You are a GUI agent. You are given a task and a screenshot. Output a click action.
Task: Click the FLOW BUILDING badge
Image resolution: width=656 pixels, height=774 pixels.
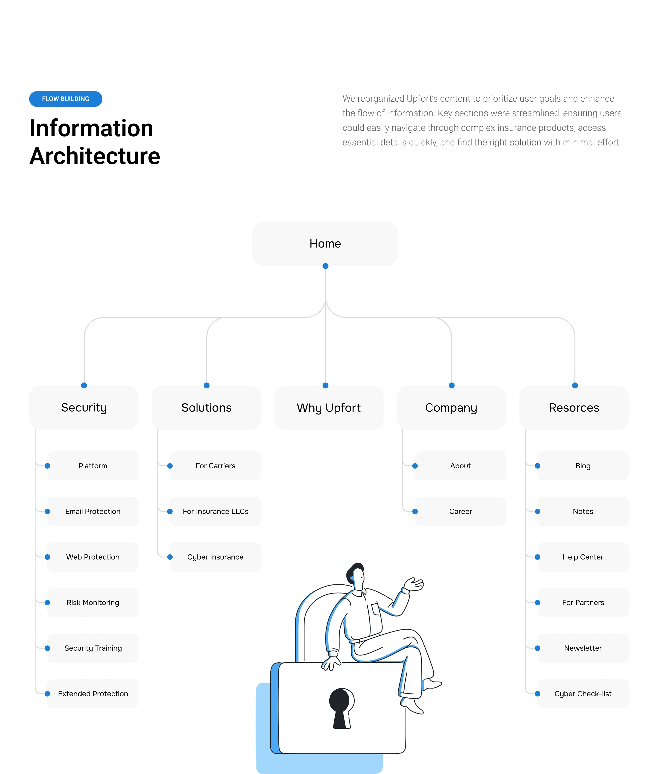pyautogui.click(x=65, y=99)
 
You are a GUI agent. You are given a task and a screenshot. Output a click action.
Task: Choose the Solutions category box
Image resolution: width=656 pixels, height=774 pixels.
pyautogui.click(x=206, y=408)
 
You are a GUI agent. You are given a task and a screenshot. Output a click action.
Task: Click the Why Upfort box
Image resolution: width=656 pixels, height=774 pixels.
pyautogui.click(x=328, y=408)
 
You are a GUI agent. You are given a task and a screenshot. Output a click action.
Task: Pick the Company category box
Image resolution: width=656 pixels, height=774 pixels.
pyautogui.click(x=451, y=408)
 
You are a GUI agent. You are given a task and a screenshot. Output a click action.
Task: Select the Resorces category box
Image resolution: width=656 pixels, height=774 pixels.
pyautogui.click(x=574, y=408)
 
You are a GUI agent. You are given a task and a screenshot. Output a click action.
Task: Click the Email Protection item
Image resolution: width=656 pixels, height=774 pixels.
pyautogui.click(x=93, y=511)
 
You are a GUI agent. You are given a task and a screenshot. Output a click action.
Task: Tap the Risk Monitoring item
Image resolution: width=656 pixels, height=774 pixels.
pyautogui.click(x=93, y=602)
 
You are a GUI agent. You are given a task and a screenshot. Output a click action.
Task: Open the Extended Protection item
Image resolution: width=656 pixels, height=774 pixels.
pyautogui.click(x=93, y=694)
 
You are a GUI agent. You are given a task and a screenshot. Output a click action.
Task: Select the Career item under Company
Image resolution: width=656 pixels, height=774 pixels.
pyautogui.click(x=460, y=511)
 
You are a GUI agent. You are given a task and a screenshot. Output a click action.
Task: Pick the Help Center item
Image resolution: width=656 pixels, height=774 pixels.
pyautogui.click(x=583, y=557)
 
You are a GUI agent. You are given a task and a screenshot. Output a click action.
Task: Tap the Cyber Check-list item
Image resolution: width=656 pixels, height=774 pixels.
pyautogui.click(x=583, y=694)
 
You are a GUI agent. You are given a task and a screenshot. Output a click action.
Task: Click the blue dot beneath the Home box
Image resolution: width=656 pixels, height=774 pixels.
pyautogui.click(x=325, y=266)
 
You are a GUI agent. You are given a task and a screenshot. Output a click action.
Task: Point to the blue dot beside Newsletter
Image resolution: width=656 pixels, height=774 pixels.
pyautogui.click(x=537, y=648)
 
